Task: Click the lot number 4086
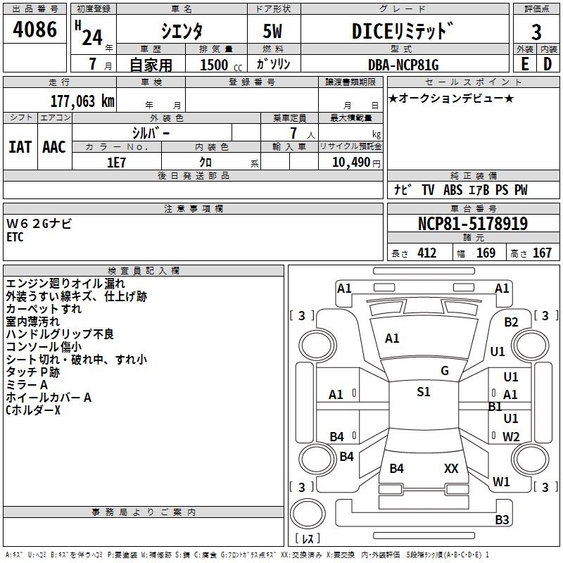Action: click(35, 30)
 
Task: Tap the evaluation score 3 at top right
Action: click(536, 32)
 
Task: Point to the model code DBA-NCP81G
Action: click(403, 65)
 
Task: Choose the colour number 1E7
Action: click(116, 161)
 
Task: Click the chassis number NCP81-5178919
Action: click(473, 224)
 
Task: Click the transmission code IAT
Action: click(20, 146)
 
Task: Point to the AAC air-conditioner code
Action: click(54, 146)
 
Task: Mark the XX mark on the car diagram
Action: click(451, 468)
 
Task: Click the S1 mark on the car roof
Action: click(423, 392)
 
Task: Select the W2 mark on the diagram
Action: click(511, 436)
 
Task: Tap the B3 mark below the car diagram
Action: click(501, 520)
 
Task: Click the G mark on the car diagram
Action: click(445, 371)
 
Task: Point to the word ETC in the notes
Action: click(15, 237)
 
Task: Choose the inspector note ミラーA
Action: click(27, 384)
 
